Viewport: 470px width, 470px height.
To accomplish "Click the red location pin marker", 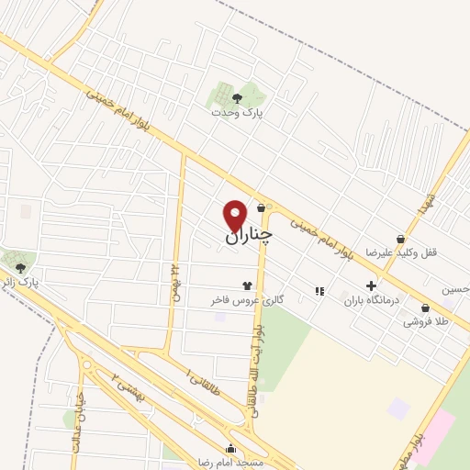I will tap(236, 215).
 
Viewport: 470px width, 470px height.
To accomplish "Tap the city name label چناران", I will tap(249, 236).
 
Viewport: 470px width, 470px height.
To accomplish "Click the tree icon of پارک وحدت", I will tap(238, 96).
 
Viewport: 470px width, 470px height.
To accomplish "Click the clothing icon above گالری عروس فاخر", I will tap(246, 285).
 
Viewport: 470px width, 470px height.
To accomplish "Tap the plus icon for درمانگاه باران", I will tap(372, 285).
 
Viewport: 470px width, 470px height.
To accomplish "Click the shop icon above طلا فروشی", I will tap(425, 308).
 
